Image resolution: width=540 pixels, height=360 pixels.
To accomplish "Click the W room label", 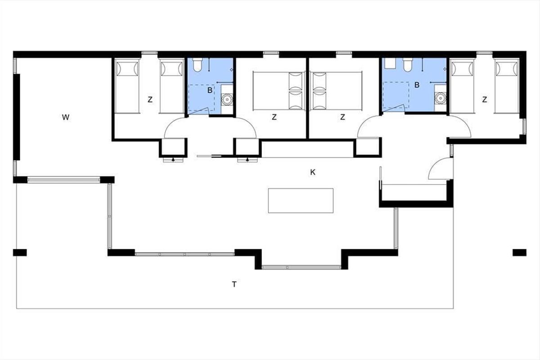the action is [66, 117].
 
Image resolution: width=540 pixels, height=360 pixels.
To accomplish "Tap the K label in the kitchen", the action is [313, 172].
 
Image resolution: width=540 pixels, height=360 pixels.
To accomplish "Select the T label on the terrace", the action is [234, 284].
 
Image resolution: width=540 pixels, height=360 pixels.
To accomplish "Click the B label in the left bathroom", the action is [210, 90].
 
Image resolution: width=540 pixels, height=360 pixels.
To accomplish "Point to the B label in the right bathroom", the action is [417, 85].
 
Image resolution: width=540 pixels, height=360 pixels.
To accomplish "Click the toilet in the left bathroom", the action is [197, 65].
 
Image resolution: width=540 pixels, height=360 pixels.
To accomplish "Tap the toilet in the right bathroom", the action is [407, 65].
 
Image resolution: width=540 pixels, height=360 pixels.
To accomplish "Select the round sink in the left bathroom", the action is [227, 99].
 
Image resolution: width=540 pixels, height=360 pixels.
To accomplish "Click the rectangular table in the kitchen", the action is [301, 201].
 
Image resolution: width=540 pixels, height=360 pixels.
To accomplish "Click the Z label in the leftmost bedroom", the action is [150, 99].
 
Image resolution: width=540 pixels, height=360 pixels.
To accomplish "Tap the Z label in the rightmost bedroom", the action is [485, 99].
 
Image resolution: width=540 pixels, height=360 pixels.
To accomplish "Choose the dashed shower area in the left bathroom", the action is [201, 98].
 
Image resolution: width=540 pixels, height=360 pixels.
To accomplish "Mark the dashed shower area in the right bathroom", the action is [396, 95].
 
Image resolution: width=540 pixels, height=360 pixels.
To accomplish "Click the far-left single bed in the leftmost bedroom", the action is [127, 86].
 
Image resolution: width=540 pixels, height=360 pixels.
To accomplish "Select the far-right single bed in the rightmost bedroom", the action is [507, 86].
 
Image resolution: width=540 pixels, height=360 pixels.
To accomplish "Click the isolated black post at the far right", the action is [519, 252].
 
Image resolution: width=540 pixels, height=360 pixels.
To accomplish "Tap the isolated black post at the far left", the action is [20, 252].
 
